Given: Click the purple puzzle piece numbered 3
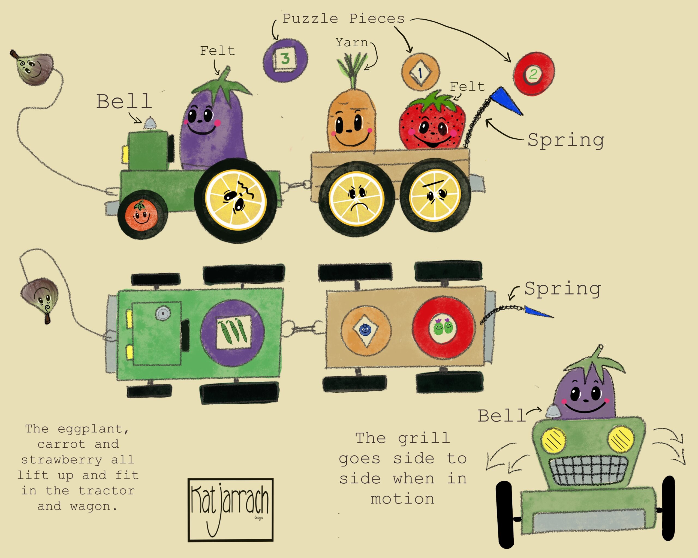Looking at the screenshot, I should [x=285, y=60].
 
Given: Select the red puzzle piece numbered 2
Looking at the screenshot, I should [x=534, y=74].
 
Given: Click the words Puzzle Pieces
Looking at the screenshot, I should [x=344, y=19].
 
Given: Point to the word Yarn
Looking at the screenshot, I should [x=351, y=43].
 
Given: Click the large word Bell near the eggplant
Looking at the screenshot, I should [x=124, y=102].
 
